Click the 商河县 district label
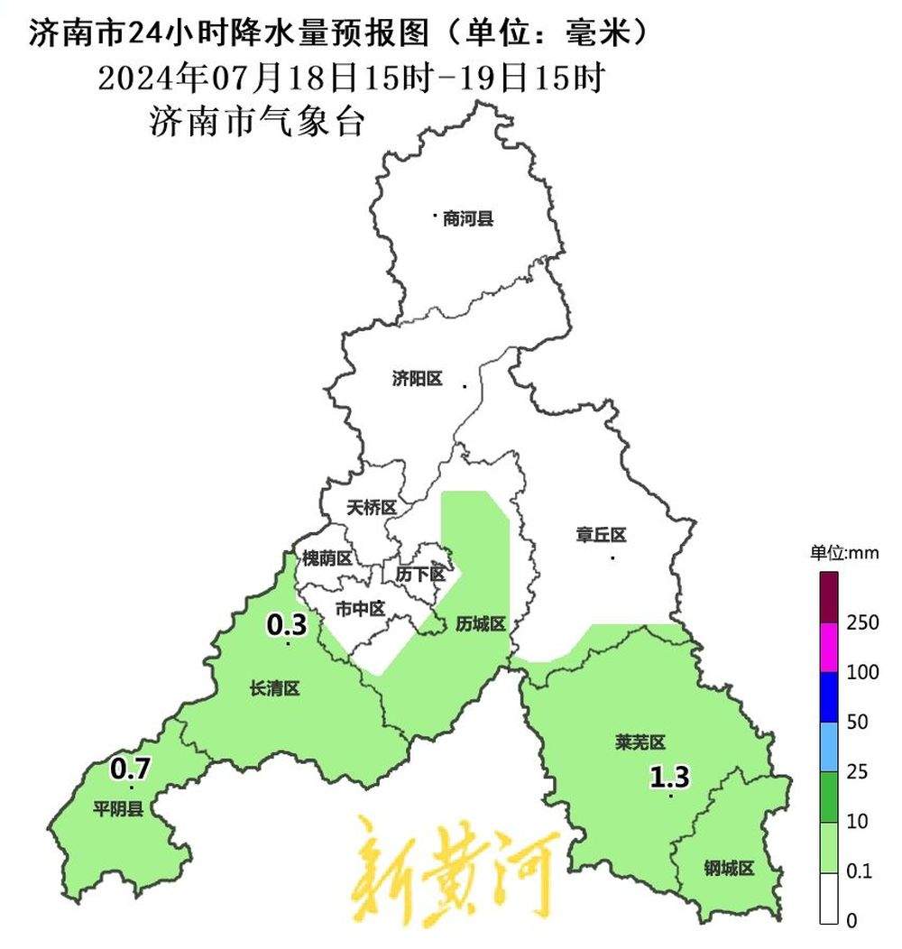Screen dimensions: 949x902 pyautogui.click(x=468, y=218)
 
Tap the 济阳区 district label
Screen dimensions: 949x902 pyautogui.click(x=418, y=379)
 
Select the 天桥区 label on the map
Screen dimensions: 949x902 pyautogui.click(x=372, y=508)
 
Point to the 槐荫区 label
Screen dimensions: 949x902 pyautogui.click(x=327, y=558)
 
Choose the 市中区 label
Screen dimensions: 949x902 pyautogui.click(x=360, y=609)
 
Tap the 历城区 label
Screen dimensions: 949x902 pyautogui.click(x=480, y=623)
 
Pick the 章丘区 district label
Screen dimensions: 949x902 pyautogui.click(x=601, y=535)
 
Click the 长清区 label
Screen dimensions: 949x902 pyautogui.click(x=274, y=689)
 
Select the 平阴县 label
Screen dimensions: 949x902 pyautogui.click(x=118, y=808)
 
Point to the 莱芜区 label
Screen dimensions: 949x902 pyautogui.click(x=640, y=742)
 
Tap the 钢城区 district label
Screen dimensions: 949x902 pyautogui.click(x=728, y=869)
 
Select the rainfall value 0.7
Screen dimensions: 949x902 pyautogui.click(x=130, y=769)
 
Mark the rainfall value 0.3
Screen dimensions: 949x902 pyautogui.click(x=287, y=623)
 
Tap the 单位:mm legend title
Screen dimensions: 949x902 pyautogui.click(x=842, y=552)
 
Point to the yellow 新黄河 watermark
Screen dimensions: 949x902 pyautogui.click(x=454, y=866)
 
